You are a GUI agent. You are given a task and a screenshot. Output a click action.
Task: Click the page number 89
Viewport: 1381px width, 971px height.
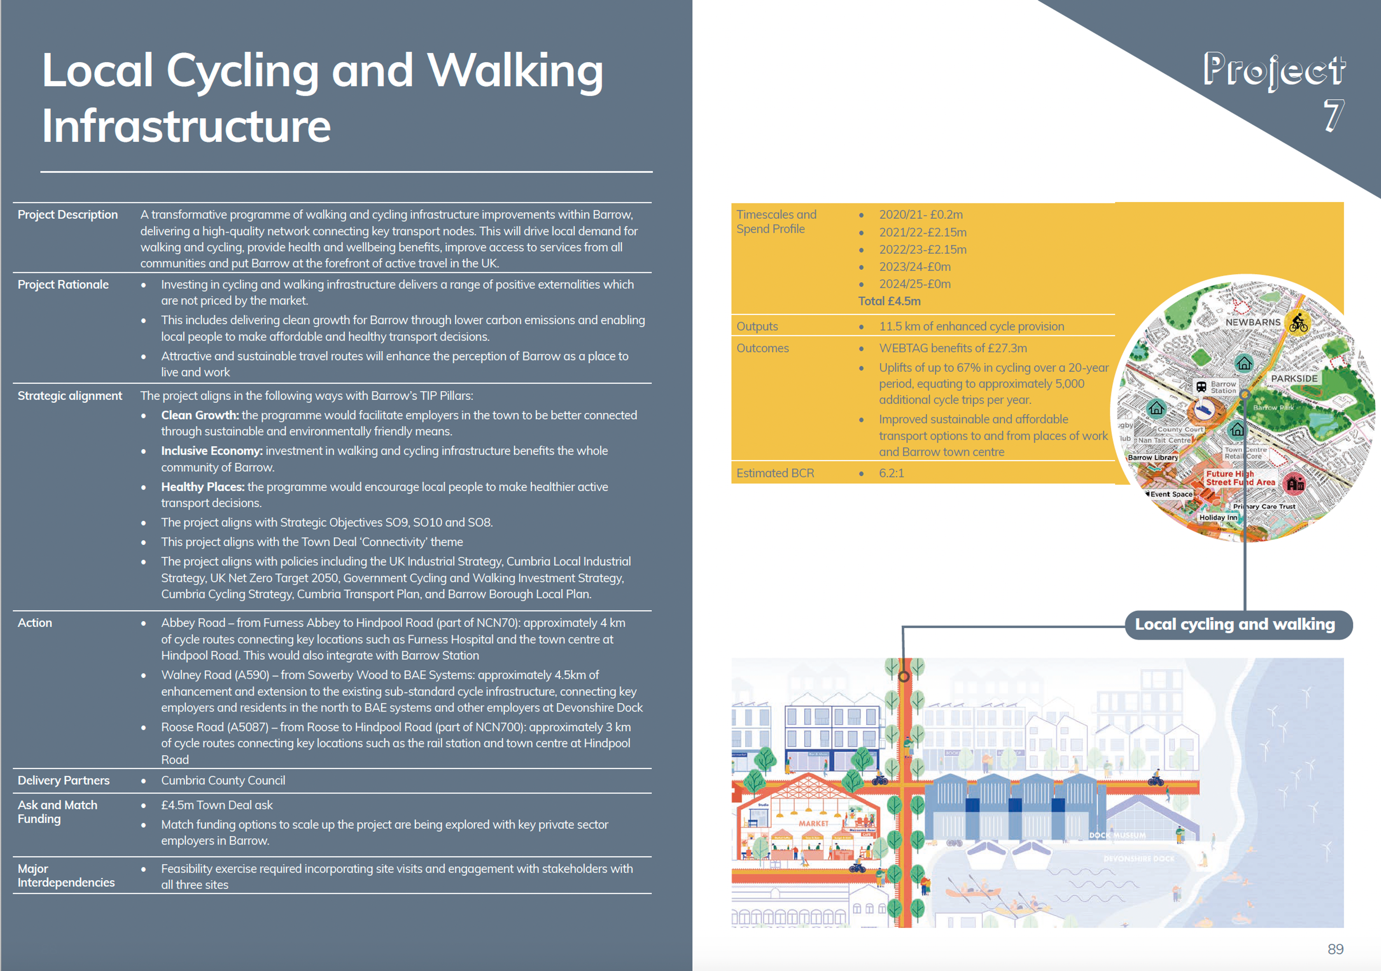point(1335,949)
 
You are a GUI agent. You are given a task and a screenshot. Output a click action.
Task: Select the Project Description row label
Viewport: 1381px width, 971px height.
point(67,214)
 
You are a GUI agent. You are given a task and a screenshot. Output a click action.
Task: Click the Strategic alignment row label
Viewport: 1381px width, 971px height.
point(70,396)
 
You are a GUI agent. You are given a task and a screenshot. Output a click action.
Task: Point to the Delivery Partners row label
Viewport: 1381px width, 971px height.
point(63,780)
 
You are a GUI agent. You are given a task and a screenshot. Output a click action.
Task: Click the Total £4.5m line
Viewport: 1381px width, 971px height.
point(889,301)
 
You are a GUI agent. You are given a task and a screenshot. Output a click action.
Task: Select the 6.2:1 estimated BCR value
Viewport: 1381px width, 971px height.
point(891,473)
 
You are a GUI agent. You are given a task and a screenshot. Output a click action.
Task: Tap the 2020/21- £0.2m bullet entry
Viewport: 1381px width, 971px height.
point(920,214)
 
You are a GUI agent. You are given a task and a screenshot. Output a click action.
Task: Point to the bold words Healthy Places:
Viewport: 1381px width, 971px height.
point(203,487)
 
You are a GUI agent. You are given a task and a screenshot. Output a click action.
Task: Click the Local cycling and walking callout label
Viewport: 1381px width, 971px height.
point(1235,624)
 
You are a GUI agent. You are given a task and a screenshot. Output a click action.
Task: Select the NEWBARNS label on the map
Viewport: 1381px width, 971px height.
point(1253,322)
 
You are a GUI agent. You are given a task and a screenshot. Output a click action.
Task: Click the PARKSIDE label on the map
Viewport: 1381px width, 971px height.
point(1294,378)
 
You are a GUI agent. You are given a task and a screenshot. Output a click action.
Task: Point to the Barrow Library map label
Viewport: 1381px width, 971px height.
point(1153,457)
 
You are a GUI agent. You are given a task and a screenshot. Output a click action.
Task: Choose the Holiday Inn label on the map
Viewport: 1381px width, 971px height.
point(1218,518)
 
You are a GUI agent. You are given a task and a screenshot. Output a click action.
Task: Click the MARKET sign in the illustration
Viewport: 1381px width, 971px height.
point(813,823)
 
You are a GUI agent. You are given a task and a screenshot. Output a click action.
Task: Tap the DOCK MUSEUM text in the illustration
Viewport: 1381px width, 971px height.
point(1117,835)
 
